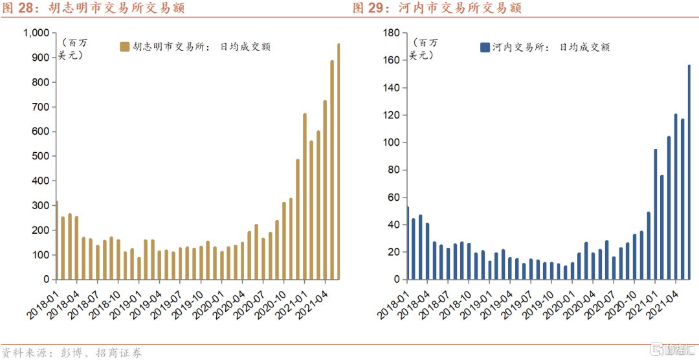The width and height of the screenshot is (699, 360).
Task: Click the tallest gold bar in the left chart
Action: (x=338, y=162)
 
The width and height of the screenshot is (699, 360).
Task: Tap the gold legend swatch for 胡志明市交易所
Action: (x=125, y=47)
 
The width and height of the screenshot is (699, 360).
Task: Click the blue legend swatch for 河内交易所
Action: (x=484, y=47)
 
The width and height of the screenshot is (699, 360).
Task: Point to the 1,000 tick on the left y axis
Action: (x=36, y=33)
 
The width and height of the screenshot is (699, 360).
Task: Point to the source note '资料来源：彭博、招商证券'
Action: (x=71, y=353)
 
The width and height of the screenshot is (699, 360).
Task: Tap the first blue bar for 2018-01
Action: (x=407, y=243)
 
